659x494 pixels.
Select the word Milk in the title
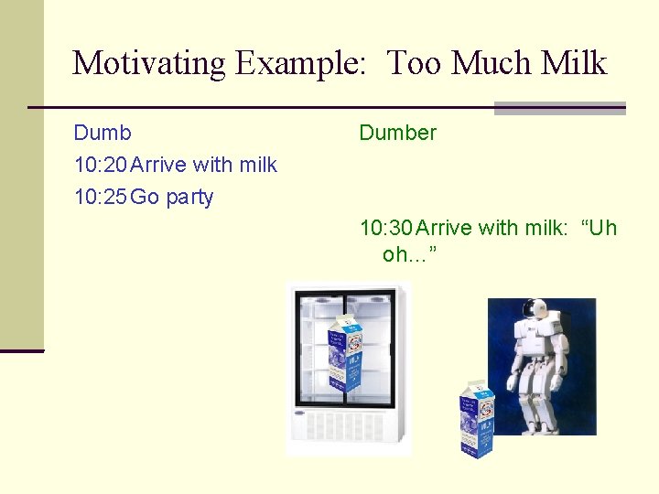pyautogui.click(x=574, y=63)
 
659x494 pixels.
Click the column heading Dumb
pyautogui.click(x=103, y=133)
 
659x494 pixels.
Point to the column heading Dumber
pyautogui.click(x=397, y=133)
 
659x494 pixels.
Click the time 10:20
pyautogui.click(x=101, y=165)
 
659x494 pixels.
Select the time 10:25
pyautogui.click(x=101, y=197)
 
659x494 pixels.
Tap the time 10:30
pyautogui.click(x=386, y=228)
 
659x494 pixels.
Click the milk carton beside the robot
pyautogui.click(x=476, y=418)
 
